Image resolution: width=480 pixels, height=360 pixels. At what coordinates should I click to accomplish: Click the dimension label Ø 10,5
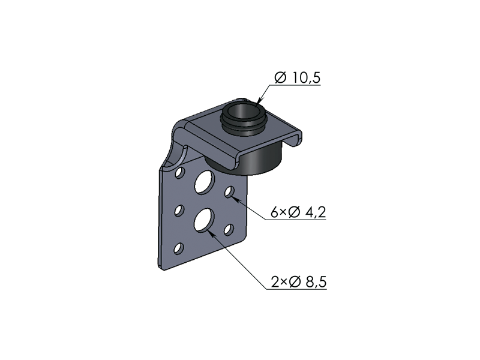click(x=297, y=77)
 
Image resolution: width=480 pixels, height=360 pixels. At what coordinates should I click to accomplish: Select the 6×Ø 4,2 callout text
click(x=298, y=212)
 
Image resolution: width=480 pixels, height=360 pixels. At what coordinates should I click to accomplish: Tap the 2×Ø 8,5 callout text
click(x=298, y=282)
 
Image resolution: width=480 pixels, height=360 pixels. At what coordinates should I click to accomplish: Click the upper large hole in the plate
click(x=204, y=182)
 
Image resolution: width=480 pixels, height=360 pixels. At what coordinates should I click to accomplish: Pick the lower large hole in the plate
click(x=204, y=220)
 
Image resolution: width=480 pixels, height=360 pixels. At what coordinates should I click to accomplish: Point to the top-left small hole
click(x=179, y=172)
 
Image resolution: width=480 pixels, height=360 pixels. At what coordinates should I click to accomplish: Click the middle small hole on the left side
click(x=179, y=211)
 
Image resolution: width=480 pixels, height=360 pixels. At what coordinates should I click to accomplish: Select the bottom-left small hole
click(x=179, y=248)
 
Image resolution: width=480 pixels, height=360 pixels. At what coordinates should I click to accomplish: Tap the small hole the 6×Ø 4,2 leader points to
click(x=229, y=192)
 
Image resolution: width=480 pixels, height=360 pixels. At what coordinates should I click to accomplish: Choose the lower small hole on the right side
click(x=229, y=230)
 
